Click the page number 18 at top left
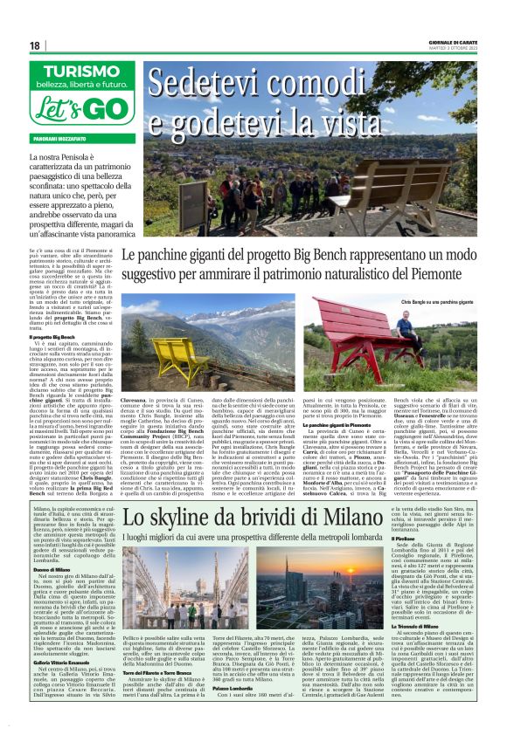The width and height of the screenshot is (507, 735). click(x=35, y=45)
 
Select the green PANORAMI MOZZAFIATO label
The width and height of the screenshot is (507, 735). click(x=60, y=139)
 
